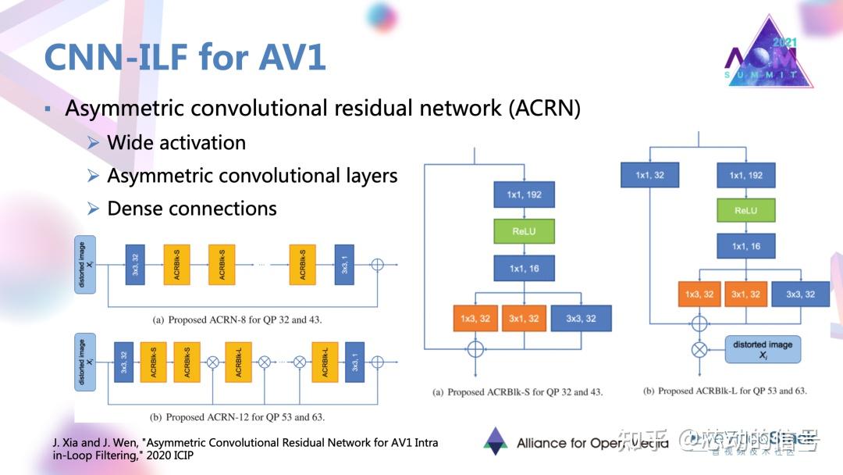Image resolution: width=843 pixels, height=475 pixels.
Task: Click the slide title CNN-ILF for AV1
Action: (184, 57)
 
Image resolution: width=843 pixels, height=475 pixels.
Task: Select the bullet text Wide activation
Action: (176, 143)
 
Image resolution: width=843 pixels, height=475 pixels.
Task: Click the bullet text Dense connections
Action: (192, 209)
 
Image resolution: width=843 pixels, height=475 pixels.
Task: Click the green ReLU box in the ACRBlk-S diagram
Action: (524, 232)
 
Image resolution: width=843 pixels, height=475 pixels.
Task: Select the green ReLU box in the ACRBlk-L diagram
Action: (745, 210)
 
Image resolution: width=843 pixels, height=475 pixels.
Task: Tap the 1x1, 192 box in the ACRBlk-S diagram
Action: (524, 195)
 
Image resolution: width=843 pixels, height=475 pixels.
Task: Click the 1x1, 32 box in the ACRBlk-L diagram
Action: (649, 175)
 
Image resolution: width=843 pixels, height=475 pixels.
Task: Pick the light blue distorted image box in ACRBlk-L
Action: (763, 349)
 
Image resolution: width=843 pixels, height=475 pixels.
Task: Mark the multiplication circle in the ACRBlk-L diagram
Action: (699, 349)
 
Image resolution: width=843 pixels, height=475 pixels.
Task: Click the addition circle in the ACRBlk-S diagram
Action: (475, 349)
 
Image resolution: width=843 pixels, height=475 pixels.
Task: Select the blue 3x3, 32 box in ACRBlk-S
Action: (581, 318)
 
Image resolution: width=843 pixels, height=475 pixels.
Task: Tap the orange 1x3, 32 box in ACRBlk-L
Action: (699, 294)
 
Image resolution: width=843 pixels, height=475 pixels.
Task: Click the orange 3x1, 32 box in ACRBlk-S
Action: (524, 318)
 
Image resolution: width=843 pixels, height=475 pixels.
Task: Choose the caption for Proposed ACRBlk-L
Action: (724, 391)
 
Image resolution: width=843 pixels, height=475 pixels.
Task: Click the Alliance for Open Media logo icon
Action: (496, 441)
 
